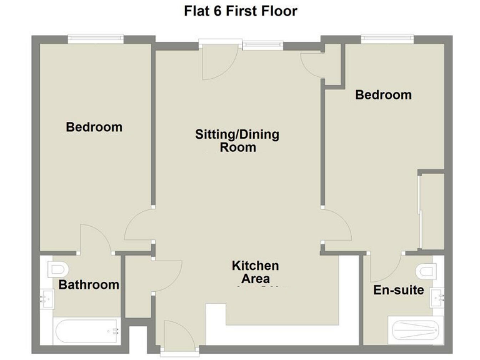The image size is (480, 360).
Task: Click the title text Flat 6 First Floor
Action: (x=240, y=11)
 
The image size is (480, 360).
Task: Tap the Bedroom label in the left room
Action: (x=94, y=127)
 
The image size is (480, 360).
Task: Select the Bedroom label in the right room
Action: (x=383, y=95)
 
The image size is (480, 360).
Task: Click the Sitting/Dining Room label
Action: (x=237, y=141)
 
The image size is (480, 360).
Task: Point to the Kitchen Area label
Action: (x=255, y=272)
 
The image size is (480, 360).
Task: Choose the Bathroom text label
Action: (x=89, y=285)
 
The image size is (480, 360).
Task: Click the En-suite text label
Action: (x=399, y=291)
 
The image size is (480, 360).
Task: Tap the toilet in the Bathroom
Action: (x=58, y=269)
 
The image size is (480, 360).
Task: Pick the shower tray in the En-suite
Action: (x=416, y=329)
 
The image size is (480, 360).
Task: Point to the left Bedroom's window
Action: (x=96, y=39)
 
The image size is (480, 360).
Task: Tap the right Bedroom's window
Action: (x=387, y=39)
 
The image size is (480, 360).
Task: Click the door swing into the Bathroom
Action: (x=95, y=241)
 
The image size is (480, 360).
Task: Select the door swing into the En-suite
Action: (x=384, y=267)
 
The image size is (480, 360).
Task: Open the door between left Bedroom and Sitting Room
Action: (x=139, y=226)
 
